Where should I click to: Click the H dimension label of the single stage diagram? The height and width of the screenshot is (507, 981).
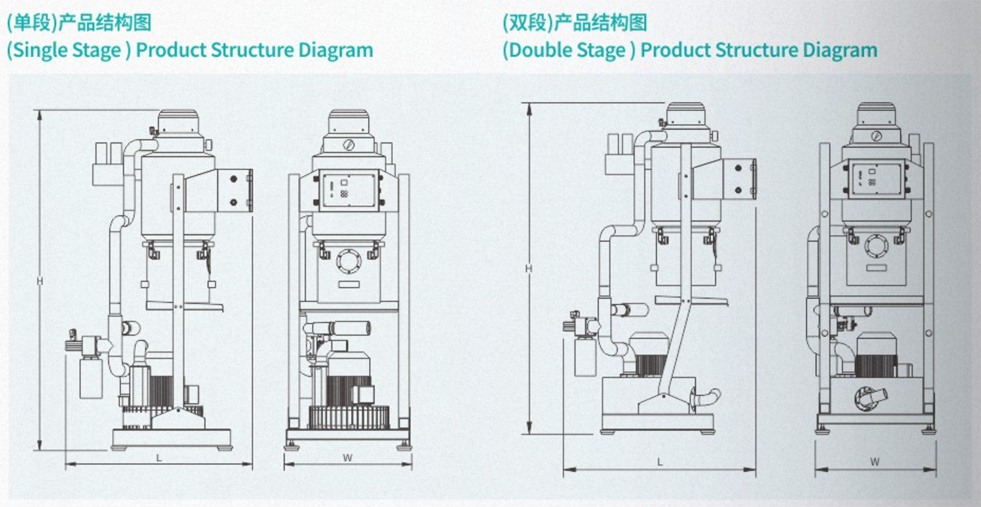coord(39,281)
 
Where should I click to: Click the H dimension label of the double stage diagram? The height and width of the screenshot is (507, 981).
coord(528,268)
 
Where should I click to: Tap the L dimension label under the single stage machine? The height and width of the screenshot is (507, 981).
coord(159,458)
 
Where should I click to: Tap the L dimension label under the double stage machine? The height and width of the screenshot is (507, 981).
coord(660,462)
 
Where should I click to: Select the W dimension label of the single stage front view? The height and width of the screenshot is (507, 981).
coord(347,458)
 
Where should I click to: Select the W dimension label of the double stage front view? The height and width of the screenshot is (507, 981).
coord(875,462)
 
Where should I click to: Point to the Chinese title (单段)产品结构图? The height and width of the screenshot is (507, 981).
coord(78,23)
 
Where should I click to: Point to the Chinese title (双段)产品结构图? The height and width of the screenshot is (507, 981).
coord(575,23)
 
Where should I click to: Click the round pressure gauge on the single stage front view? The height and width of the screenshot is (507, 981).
coord(347,145)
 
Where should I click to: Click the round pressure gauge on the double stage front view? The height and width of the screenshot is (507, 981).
coord(876,136)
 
